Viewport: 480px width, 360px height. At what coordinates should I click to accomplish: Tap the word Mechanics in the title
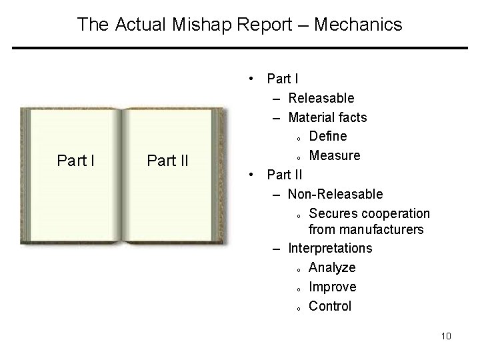(359, 25)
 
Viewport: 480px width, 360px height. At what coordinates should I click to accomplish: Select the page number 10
(445, 335)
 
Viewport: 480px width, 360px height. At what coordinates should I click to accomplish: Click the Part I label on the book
(77, 161)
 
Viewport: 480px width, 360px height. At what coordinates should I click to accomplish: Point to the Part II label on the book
(167, 161)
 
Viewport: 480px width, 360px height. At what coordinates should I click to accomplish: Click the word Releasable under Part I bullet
(321, 98)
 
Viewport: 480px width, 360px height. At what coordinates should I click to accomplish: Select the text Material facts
(327, 117)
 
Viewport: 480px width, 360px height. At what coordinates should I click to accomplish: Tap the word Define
(328, 136)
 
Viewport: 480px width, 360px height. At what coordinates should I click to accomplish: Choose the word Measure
(335, 155)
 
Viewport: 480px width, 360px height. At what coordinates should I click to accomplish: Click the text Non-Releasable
(335, 194)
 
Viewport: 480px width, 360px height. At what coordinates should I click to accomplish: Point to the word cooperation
(397, 213)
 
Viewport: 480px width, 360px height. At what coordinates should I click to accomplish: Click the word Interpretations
(330, 248)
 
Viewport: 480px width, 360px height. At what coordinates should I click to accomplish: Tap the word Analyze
(332, 267)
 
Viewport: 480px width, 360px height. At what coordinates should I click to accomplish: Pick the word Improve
(333, 287)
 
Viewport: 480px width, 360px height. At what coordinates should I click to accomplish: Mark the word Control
(330, 306)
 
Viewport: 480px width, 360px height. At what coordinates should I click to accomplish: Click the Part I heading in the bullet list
(281, 79)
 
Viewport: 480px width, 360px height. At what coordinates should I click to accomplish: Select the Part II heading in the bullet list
(284, 175)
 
